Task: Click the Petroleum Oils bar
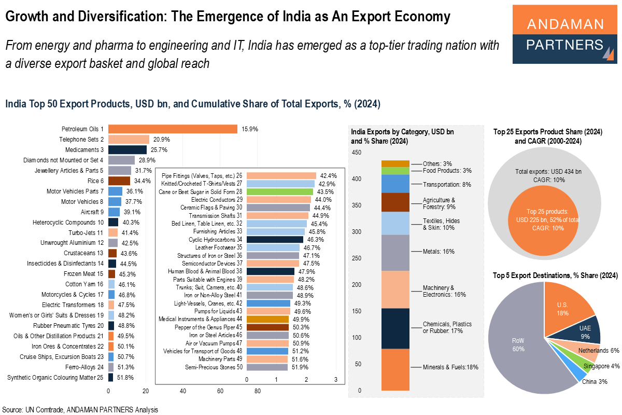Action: tap(173, 129)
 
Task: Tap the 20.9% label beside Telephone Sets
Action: tap(161, 139)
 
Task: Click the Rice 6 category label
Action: tap(95, 181)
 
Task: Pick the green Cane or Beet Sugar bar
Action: tap(279, 191)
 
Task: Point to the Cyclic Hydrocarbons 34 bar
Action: tap(275, 240)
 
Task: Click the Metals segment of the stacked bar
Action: tap(395, 252)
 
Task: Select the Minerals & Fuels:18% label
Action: tap(450, 367)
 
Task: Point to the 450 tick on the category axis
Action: tap(357, 153)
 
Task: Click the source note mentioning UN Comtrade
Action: tap(80, 409)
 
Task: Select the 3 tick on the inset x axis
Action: tap(336, 379)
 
